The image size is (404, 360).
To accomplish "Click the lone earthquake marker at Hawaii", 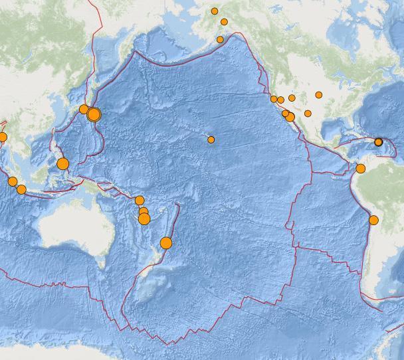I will [x=211, y=139].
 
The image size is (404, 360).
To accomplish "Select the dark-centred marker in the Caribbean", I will [x=379, y=142].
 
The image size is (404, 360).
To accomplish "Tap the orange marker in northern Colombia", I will [x=360, y=169].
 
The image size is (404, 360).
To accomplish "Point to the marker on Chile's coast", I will [x=373, y=221].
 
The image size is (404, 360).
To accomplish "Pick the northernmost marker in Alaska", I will [x=215, y=11].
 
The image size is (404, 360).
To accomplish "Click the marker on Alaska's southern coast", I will [x=220, y=40].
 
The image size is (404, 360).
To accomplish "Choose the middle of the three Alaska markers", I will [x=224, y=22].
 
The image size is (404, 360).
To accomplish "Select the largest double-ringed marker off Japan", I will [x=94, y=115].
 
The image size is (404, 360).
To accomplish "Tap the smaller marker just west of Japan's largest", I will [x=84, y=109].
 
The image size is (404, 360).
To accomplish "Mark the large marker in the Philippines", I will [x=62, y=163].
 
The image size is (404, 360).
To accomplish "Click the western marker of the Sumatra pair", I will [x=13, y=182].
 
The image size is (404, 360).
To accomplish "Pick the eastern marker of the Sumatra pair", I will [x=21, y=190].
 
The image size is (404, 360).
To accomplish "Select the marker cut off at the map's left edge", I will [x=2, y=137].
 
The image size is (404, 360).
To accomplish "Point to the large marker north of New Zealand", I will [x=166, y=243].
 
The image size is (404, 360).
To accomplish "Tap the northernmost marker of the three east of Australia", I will [x=140, y=201].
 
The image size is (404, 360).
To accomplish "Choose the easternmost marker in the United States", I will [x=319, y=95].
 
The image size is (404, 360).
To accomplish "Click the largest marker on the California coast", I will [x=290, y=117].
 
